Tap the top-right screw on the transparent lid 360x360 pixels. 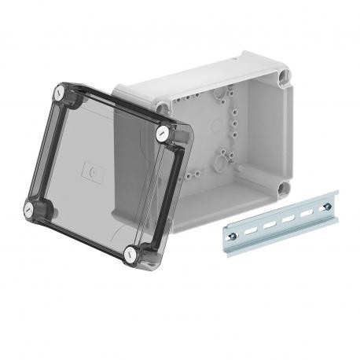pyautogui.click(x=163, y=133)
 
